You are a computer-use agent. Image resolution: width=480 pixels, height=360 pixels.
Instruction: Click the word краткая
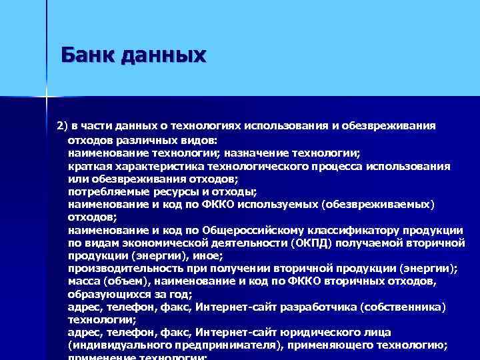point(91,165)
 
